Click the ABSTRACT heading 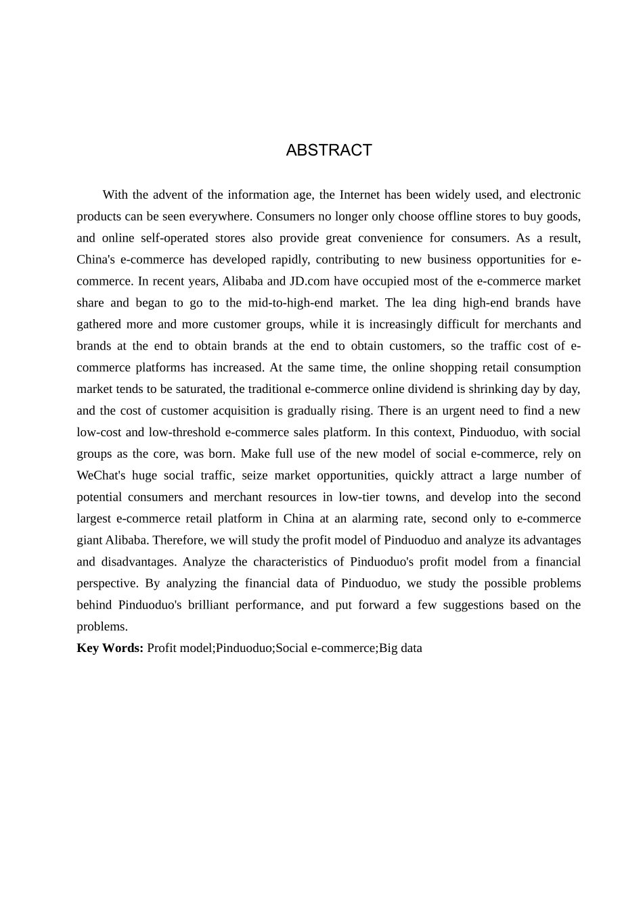pos(329,150)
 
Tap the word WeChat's pos(101,475)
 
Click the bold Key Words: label pos(110,648)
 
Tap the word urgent pos(446,411)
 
